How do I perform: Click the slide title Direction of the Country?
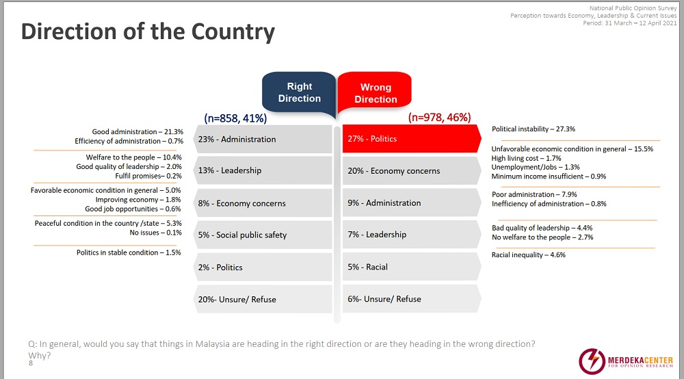coord(148,32)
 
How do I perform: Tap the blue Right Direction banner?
coord(299,93)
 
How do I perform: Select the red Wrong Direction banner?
coord(376,93)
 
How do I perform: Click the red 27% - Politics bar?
coord(410,139)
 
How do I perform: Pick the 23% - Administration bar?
coord(263,139)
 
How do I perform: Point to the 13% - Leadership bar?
coord(263,171)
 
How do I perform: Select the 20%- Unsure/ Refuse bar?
coord(263,299)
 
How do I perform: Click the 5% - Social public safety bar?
coord(263,235)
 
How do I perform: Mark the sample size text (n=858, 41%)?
coord(235,118)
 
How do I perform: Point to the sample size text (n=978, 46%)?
coord(439,118)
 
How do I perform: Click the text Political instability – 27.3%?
coord(534,129)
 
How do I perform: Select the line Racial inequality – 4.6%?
coord(529,254)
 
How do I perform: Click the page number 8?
coord(31,363)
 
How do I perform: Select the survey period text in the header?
coord(629,23)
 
